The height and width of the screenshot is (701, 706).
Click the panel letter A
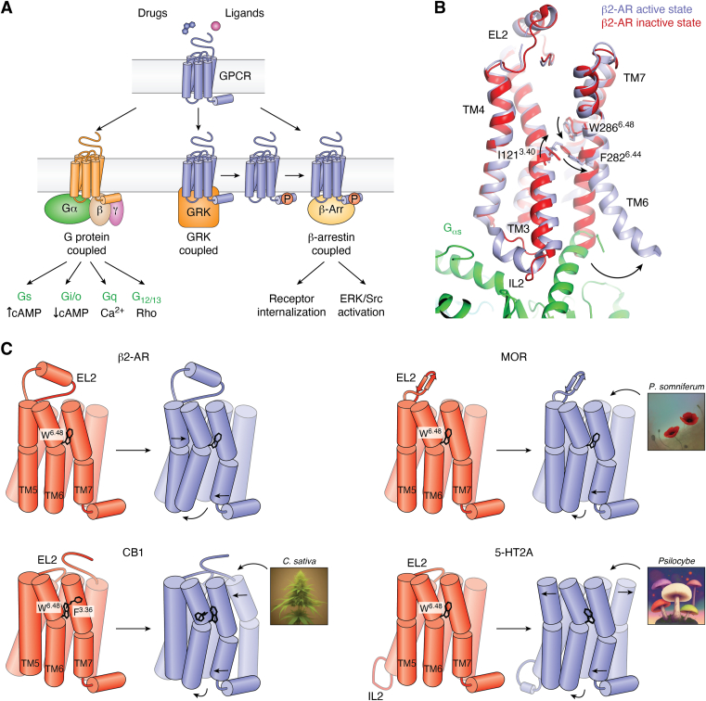8,9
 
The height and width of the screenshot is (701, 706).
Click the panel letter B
440,9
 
